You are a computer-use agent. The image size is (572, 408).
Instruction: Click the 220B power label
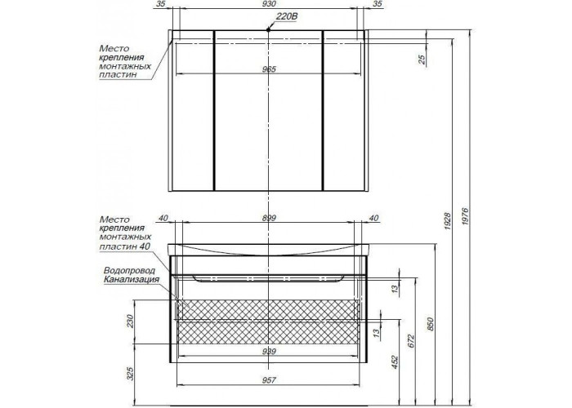click(288, 16)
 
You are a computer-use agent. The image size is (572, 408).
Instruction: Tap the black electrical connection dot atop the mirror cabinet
click(269, 30)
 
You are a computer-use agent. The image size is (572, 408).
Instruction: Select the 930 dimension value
click(269, 4)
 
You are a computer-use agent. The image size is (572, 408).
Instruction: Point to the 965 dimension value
click(269, 69)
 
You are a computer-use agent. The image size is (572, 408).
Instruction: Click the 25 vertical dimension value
click(422, 60)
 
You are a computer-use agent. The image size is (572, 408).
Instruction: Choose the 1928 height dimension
click(448, 221)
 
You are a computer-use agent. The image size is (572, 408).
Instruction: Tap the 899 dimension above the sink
click(269, 218)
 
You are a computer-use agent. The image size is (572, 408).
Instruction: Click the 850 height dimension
click(431, 324)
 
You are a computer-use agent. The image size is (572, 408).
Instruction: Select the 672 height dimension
click(411, 341)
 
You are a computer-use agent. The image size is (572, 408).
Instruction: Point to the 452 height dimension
click(395, 362)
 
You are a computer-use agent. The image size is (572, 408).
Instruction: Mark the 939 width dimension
click(269, 351)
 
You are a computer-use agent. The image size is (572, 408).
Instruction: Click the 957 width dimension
click(269, 380)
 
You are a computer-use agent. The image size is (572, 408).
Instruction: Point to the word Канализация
click(132, 279)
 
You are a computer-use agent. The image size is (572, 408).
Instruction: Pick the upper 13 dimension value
click(395, 290)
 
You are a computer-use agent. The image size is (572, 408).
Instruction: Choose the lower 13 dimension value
click(377, 332)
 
